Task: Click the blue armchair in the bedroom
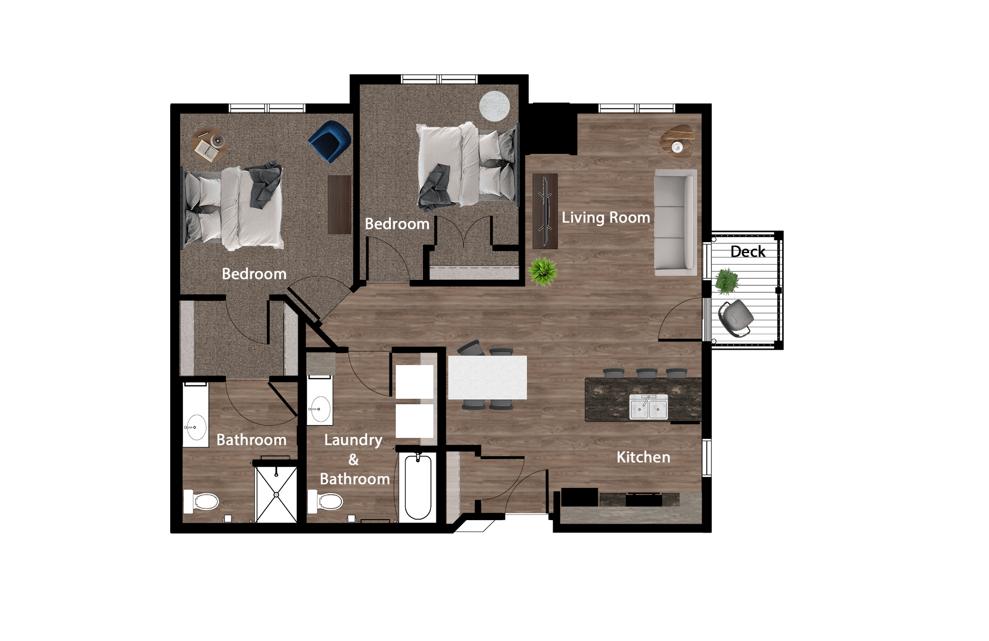pos(330,141)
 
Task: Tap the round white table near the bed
pos(494,106)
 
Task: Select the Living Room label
pos(606,217)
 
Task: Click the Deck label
pos(748,252)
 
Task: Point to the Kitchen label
pos(643,457)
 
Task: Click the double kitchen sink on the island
pos(648,408)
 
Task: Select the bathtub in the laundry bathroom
pos(418,487)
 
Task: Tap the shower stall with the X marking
pos(276,494)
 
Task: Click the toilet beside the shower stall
pos(201,502)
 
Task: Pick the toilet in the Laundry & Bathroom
pos(325,502)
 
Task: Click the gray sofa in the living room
pos(675,223)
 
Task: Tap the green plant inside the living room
pos(543,271)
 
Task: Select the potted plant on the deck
pos(726,281)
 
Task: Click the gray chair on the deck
pos(736,318)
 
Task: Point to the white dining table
pos(487,377)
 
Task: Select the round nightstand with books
pos(209,145)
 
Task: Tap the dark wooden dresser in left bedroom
pos(339,204)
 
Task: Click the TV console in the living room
pos(545,211)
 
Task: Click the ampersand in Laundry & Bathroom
pos(353,460)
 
